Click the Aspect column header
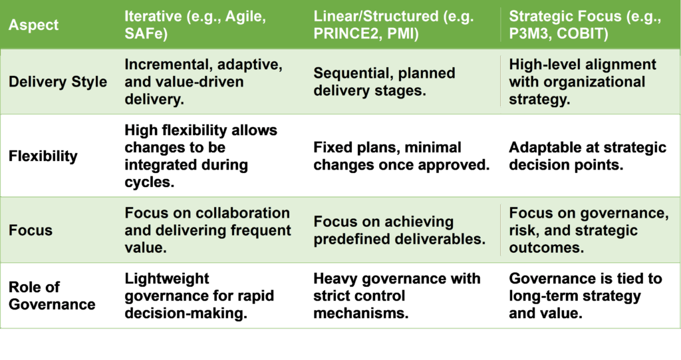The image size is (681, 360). coord(33,25)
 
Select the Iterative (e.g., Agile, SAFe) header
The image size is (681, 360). coord(195,25)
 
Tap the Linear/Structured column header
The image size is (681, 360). coord(394,25)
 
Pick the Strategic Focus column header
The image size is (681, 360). coord(585,25)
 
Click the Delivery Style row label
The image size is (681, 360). coord(58,82)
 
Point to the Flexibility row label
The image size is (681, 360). coord(43,156)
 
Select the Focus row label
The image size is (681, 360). coord(31,230)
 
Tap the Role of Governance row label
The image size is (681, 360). coord(52,295)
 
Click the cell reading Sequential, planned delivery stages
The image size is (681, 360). coord(384,82)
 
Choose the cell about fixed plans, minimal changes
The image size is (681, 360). coord(401,156)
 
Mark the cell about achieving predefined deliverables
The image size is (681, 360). coord(400,230)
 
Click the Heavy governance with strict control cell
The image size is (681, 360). coord(397,295)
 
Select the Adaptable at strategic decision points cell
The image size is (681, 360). coord(588,156)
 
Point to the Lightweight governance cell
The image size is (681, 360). coord(200,295)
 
